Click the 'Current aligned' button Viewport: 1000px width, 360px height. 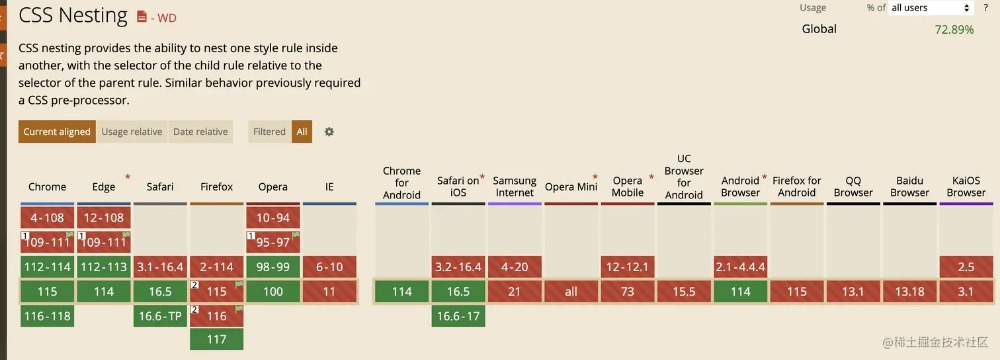click(57, 131)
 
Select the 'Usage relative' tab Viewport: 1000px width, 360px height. click(132, 131)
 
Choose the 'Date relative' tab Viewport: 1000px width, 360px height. click(200, 131)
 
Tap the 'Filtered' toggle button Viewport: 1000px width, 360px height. click(269, 131)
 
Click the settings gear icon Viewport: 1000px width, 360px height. click(329, 131)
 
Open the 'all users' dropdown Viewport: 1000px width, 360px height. click(930, 8)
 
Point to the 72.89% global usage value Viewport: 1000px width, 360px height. click(954, 29)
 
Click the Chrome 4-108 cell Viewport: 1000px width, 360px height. click(47, 218)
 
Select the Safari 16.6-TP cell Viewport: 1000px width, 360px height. click(160, 316)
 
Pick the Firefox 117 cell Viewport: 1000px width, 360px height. click(217, 339)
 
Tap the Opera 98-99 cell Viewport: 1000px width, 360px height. click(273, 267)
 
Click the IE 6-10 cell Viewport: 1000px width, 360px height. click(329, 267)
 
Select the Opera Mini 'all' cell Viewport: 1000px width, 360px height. click(571, 292)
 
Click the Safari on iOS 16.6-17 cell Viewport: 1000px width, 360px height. click(458, 316)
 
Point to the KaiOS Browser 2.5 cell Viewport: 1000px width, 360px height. click(966, 267)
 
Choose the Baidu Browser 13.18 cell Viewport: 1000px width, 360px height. click(909, 292)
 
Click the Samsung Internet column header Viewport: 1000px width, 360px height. click(515, 186)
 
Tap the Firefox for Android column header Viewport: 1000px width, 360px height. click(797, 186)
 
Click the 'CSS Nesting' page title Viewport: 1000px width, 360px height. click(73, 15)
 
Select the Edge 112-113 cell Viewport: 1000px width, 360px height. click(103, 267)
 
